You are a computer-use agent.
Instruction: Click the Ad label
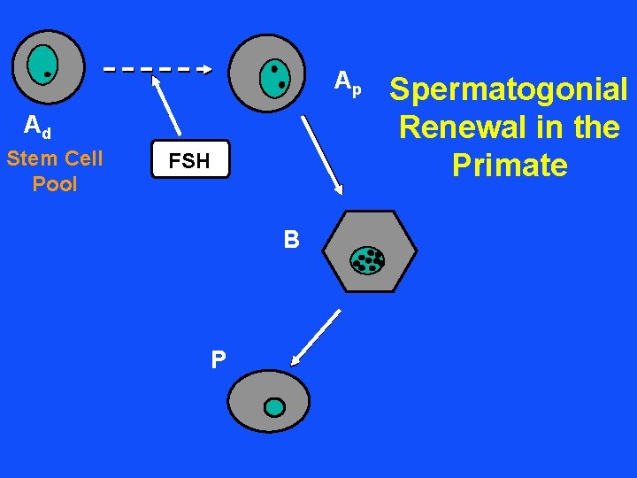tap(36, 128)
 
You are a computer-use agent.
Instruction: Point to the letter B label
tap(291, 240)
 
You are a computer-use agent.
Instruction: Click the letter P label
tap(218, 359)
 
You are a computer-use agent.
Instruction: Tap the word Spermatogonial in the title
tap(509, 89)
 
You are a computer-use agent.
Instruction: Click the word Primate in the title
tap(509, 166)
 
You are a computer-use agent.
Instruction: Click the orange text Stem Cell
tap(55, 158)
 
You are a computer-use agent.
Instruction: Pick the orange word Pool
tap(55, 184)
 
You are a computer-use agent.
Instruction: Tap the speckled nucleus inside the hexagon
tap(368, 259)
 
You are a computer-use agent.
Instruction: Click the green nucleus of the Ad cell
tap(41, 63)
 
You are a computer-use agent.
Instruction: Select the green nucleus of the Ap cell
tap(274, 78)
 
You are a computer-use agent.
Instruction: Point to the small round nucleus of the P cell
tap(275, 407)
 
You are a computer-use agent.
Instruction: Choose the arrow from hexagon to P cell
tap(317, 337)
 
